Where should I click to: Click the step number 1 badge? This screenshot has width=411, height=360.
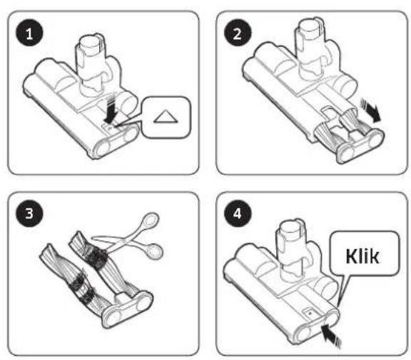point(29,33)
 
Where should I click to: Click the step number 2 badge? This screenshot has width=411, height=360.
point(238,33)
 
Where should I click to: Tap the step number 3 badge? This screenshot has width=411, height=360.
point(29,214)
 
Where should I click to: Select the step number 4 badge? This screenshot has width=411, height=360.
point(238,214)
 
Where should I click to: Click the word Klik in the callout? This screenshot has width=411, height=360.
point(362,256)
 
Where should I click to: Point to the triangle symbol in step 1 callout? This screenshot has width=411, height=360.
point(166,116)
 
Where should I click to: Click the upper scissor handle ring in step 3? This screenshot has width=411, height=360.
point(150,220)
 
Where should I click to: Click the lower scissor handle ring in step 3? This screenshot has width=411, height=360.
point(155,251)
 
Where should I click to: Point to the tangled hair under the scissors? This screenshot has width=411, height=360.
point(98,256)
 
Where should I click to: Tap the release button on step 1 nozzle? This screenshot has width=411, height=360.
point(108,126)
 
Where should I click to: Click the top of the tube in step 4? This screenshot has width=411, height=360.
point(290,226)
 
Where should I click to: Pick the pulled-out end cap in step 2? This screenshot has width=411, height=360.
point(360,145)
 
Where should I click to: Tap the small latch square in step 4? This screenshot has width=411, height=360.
point(310,313)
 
